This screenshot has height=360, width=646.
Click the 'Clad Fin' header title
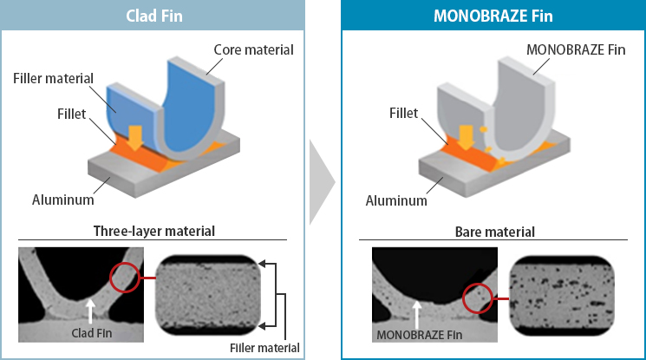tap(153, 15)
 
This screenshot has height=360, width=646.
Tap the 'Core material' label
tap(254, 49)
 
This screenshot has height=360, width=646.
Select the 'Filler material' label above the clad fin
tap(53, 79)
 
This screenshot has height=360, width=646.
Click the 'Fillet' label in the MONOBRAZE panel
tap(404, 114)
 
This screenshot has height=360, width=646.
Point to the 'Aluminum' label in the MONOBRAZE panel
tap(396, 200)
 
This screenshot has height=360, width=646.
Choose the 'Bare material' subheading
tap(494, 231)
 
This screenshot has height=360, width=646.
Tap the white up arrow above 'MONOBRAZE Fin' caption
tap(419, 311)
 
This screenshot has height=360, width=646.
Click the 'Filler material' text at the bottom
tap(265, 348)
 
